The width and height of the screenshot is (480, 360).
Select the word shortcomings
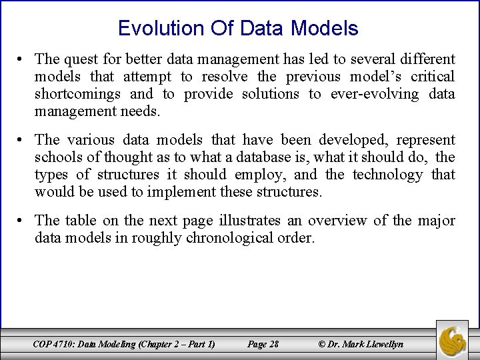tap(77, 94)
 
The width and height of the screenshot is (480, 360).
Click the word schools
tap(56, 157)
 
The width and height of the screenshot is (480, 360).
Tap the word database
tap(258, 157)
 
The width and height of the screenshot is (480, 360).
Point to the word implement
tap(167, 192)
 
